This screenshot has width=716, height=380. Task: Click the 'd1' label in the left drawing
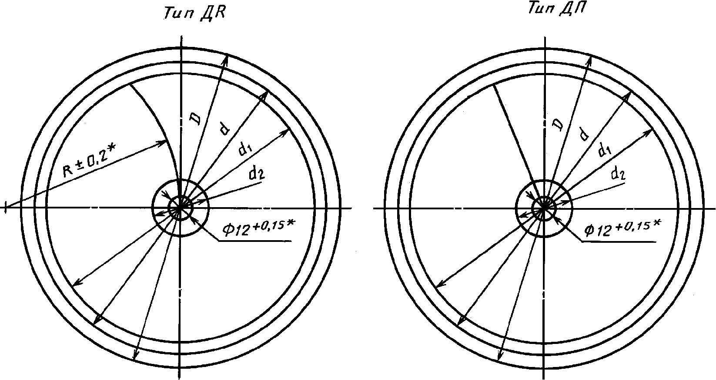tap(244, 149)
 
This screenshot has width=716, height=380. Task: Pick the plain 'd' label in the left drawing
tap(224, 129)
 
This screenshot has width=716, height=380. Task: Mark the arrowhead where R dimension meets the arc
tap(164, 142)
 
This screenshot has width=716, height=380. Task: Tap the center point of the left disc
tap(180, 208)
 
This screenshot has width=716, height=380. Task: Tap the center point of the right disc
tap(543, 208)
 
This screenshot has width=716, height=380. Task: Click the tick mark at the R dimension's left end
tap(5, 207)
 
